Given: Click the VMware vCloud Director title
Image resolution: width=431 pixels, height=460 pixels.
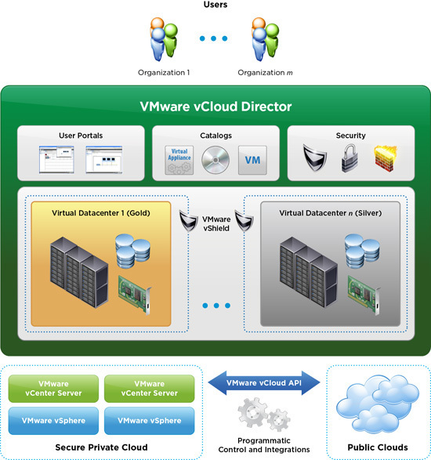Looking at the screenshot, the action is (x=215, y=107).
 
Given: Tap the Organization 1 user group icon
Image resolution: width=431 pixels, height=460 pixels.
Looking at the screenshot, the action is (x=164, y=39).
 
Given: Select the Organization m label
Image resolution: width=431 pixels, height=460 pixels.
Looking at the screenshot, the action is (x=265, y=72).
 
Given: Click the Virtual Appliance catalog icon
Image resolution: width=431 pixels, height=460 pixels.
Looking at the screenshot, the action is (x=179, y=160).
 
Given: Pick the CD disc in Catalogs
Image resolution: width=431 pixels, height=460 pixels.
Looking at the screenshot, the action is (x=215, y=160).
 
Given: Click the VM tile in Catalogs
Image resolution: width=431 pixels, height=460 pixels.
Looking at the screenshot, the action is (x=252, y=160).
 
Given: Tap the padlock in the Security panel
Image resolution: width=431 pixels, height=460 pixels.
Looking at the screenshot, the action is (x=350, y=158).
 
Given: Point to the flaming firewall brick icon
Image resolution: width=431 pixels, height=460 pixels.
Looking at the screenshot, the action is (x=386, y=158).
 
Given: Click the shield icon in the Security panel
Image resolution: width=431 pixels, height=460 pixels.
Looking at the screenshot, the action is (x=315, y=158).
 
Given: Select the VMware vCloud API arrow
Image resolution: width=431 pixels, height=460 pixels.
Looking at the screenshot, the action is (x=264, y=383).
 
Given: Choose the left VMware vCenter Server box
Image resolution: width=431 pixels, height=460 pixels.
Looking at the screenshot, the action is (x=53, y=389).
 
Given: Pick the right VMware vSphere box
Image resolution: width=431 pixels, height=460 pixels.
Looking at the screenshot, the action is (x=150, y=420).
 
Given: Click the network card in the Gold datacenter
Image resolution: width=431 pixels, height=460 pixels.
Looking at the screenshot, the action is (x=135, y=295).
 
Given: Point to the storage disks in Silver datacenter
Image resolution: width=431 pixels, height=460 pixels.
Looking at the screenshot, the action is (x=362, y=251).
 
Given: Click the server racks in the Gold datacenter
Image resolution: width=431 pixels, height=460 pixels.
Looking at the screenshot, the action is (x=79, y=272).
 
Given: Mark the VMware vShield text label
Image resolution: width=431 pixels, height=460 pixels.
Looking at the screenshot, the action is (x=216, y=223).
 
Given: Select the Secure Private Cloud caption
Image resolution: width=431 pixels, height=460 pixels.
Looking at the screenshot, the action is (x=101, y=447).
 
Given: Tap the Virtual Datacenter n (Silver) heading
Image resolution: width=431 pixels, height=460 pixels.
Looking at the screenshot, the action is (x=331, y=213).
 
